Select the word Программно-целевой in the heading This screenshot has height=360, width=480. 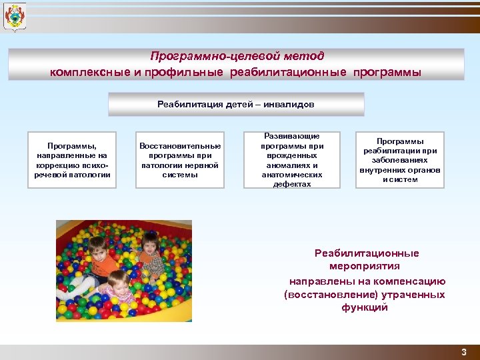199,57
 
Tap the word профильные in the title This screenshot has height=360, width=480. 188,72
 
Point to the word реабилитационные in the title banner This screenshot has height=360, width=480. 289,72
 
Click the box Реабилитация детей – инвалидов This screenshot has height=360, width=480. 236,104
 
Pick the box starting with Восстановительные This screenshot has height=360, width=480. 180,160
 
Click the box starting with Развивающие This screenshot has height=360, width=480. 292,160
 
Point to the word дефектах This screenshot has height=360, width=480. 292,184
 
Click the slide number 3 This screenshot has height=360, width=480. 463,351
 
